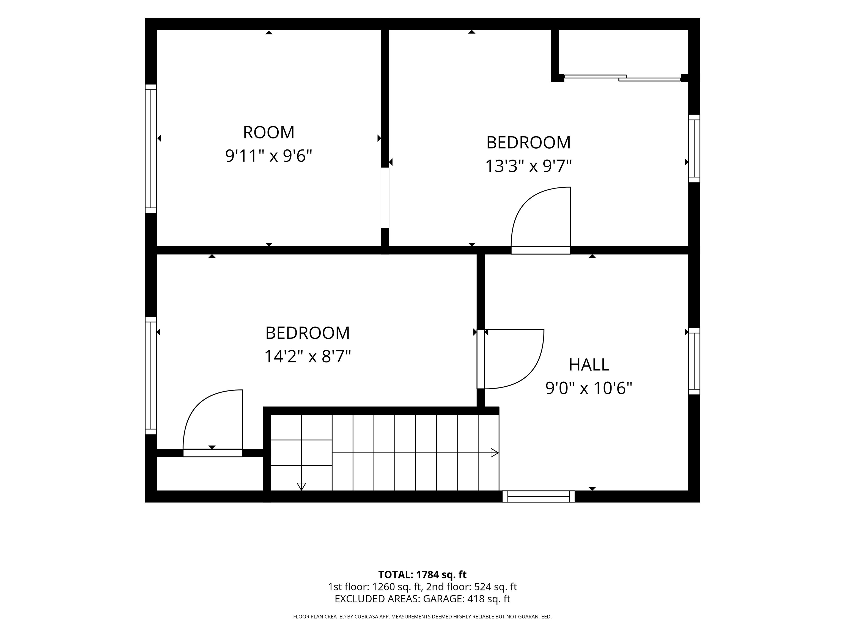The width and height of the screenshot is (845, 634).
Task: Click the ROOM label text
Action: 268,133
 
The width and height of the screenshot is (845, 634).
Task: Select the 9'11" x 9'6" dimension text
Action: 268,156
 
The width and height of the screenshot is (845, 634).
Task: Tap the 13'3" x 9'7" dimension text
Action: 528,166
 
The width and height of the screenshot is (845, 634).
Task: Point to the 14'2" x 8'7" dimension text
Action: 308,357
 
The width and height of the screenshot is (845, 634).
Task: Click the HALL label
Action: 589,365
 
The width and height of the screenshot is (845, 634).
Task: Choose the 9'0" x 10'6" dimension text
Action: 589,388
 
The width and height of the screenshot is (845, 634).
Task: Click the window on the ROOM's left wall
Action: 151,149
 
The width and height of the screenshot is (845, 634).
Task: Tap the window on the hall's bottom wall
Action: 538,496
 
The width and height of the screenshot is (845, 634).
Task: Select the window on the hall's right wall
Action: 694,361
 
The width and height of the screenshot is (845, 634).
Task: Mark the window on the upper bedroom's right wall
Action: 694,149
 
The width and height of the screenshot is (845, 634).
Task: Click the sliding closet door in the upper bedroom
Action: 622,78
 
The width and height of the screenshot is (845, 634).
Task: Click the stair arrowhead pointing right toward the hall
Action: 495,453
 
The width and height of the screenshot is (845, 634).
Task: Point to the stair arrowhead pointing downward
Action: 301,487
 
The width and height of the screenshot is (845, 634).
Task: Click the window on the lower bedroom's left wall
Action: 151,376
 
